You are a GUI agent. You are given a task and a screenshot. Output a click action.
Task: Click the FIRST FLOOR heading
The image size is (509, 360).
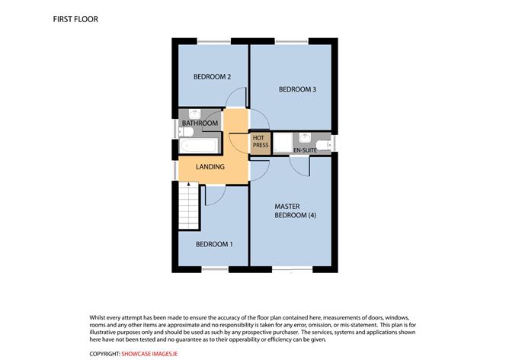coord(75,19)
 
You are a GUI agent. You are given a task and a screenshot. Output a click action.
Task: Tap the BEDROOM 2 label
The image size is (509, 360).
coord(212,77)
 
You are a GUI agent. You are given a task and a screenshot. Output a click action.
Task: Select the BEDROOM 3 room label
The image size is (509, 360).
coord(297,89)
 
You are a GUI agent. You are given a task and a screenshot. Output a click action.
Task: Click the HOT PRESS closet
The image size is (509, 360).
coord(260,142)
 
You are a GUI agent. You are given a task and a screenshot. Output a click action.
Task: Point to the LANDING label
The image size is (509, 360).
coord(210,167)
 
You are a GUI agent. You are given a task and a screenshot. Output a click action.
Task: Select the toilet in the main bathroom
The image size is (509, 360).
coord(186,132)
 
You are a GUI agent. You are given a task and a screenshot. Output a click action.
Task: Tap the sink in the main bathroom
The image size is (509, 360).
coord(195,114)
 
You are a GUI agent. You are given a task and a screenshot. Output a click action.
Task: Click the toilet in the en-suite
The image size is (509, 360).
coord(325,144)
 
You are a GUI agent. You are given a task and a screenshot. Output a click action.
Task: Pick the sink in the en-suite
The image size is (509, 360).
coord(305,137)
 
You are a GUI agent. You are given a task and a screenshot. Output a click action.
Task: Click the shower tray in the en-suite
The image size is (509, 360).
coord(283,143)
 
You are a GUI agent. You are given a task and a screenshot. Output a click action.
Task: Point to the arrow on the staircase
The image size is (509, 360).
coord(188,185)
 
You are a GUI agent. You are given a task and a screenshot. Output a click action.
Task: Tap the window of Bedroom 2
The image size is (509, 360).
coord(213,42)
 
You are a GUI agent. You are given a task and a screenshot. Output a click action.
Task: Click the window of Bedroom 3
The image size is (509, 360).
coord(292,42)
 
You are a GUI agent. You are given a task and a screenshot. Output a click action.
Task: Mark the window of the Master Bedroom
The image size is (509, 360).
coord(292,268)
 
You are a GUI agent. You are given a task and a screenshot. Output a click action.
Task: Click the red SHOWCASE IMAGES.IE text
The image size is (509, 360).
coord(149,354)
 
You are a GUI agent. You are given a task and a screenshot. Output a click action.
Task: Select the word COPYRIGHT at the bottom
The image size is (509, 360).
coord(104,354)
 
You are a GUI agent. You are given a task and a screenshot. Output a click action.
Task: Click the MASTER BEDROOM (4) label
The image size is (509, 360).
coord(296,211)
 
